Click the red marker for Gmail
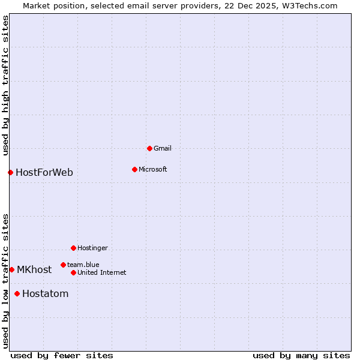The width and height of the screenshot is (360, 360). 149,148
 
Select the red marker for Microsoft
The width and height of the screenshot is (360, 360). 134,169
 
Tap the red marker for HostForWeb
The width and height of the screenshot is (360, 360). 10,173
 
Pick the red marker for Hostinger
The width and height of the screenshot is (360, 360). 73,248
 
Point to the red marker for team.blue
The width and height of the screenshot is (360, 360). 63,265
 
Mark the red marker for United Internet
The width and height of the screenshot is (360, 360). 73,272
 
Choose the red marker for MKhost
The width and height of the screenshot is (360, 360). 11,270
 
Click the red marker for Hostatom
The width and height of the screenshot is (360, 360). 17,294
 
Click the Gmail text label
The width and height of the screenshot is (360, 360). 163,148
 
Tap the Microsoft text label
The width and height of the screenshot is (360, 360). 153,169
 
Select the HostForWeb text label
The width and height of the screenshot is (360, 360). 44,173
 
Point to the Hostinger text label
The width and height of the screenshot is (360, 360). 92,248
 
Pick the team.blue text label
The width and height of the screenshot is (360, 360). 83,265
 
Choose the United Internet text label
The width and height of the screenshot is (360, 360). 101,272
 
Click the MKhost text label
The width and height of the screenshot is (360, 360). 34,270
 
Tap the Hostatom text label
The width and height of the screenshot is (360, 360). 46,294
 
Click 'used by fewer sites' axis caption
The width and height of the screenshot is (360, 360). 62,355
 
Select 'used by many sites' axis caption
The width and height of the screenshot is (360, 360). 301,355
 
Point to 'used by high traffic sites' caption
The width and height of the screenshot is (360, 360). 5,86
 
